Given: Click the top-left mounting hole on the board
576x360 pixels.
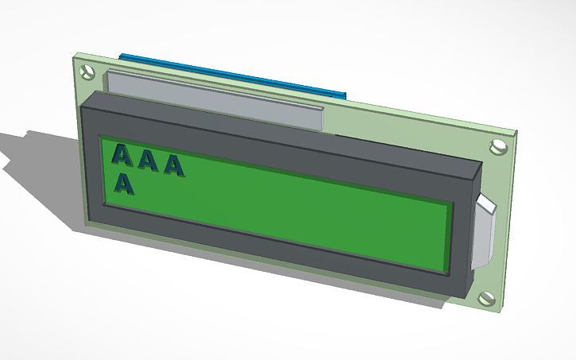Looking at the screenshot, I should tap(87, 72).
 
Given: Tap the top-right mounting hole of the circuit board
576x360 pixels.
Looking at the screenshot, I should tap(499, 146).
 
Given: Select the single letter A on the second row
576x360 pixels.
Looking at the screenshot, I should tap(124, 184).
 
